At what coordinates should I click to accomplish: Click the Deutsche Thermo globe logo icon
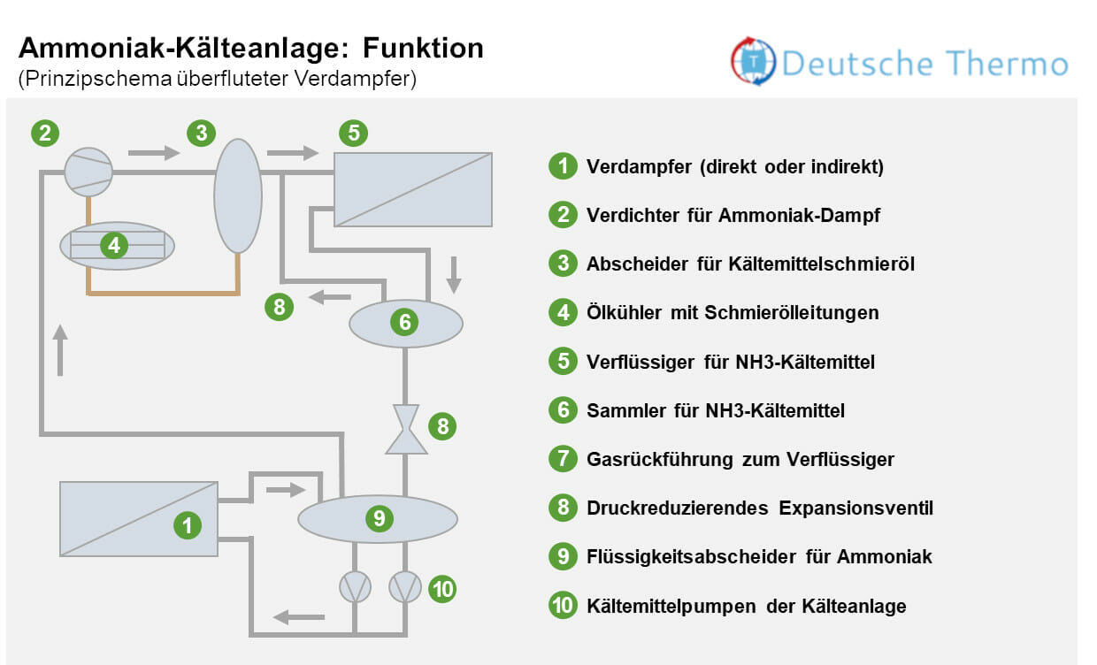point(752,62)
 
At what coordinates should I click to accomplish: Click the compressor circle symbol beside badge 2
point(88,172)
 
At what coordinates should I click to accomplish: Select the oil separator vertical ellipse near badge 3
point(238,196)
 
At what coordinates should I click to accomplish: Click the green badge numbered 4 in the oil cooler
point(114,245)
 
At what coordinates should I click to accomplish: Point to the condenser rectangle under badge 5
point(412,189)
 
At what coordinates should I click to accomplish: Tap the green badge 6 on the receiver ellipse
point(405,322)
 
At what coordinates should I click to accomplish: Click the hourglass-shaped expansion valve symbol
point(406,429)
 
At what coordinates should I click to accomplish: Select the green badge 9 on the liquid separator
point(379,518)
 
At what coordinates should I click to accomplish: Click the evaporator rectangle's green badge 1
point(187,525)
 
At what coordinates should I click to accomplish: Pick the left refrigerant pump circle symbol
point(355,587)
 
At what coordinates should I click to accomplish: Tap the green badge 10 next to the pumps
point(442,588)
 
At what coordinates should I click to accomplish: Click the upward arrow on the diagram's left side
point(60,350)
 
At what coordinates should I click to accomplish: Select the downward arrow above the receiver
point(454,274)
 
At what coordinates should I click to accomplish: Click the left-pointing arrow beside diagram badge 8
point(329,299)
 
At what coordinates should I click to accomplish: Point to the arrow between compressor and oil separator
point(153,153)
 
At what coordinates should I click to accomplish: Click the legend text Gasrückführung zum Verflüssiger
point(740,459)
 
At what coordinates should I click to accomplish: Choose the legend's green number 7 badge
point(563,459)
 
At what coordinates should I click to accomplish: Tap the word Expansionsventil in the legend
point(855,508)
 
